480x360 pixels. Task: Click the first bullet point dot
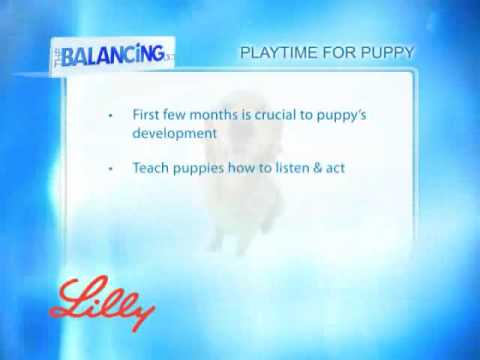click(x=110, y=115)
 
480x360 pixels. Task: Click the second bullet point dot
click(x=110, y=169)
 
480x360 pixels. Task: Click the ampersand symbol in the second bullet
click(x=326, y=168)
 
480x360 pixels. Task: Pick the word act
click(x=345, y=168)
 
